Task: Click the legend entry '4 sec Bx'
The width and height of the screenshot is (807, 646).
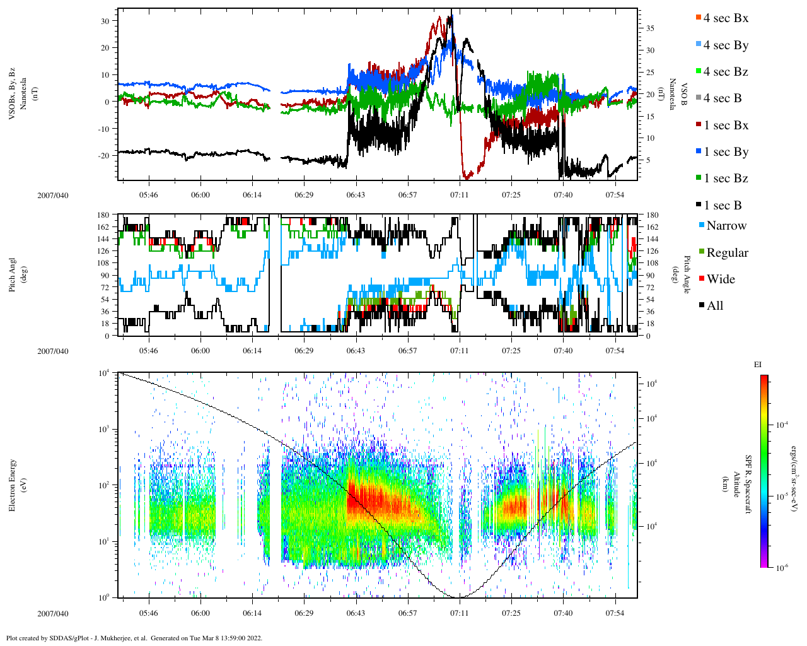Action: click(x=726, y=18)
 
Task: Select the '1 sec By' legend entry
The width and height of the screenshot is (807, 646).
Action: click(x=726, y=152)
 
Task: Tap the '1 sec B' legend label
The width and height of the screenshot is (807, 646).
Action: click(x=723, y=206)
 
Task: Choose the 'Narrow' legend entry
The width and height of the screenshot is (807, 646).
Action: click(x=726, y=226)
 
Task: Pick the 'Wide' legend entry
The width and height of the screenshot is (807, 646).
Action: click(x=720, y=279)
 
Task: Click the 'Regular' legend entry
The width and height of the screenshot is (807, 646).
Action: click(x=727, y=253)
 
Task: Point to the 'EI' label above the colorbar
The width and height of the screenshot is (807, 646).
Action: click(x=758, y=365)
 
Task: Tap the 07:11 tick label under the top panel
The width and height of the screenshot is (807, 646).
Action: click(x=459, y=195)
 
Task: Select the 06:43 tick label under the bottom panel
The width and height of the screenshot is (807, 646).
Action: click(x=356, y=613)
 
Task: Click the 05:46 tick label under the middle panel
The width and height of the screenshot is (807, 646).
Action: click(x=149, y=351)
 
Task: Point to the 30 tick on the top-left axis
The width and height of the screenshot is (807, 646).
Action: click(x=105, y=21)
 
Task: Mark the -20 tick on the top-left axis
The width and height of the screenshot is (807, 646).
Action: click(x=103, y=155)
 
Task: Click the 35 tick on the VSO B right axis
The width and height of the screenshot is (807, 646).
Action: click(x=650, y=28)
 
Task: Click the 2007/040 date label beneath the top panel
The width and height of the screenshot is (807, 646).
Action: click(x=52, y=195)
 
